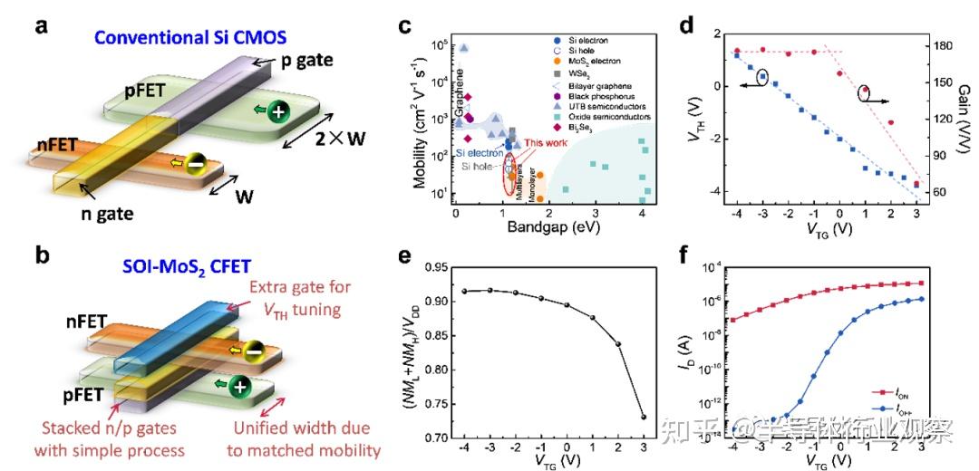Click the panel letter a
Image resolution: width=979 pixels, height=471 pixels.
42,26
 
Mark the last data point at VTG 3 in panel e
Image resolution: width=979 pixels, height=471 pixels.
643,417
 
